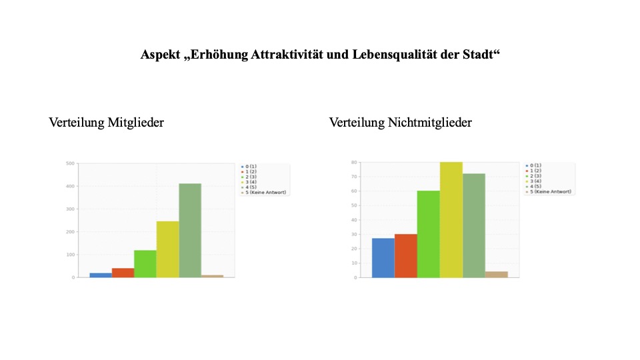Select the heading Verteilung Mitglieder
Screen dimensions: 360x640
pos(107,123)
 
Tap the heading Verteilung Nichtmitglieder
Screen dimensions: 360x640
pos(401,123)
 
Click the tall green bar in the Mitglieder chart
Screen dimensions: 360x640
pos(189,230)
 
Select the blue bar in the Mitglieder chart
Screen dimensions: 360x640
pos(101,275)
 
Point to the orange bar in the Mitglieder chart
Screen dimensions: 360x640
pos(123,273)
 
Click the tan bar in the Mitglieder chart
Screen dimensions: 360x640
pos(212,275)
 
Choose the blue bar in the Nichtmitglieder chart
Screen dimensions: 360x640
pos(383,257)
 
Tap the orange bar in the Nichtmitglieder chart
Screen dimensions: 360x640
pos(405,255)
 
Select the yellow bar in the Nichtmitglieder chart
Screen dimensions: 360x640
pos(451,219)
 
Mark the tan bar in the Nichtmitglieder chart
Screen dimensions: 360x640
pos(496,274)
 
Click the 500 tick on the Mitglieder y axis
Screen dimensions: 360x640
pos(70,163)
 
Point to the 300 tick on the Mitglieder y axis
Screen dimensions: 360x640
pos(70,209)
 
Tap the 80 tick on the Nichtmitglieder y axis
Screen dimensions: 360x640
pos(353,162)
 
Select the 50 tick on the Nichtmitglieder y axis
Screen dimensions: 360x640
pos(353,205)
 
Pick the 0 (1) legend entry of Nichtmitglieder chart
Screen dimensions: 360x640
pos(534,165)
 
